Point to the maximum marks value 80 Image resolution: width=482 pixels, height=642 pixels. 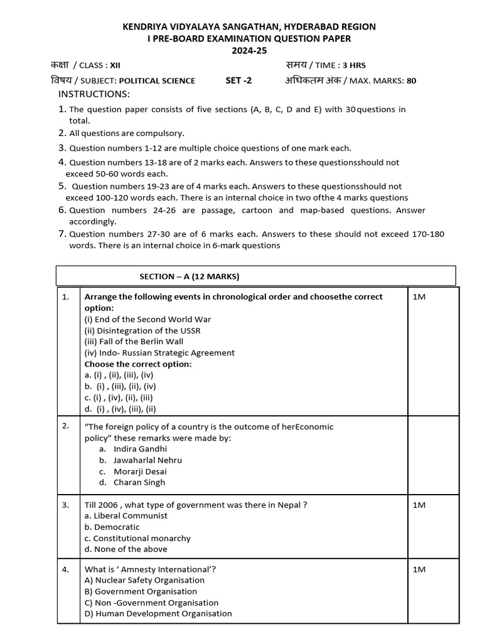click(411, 80)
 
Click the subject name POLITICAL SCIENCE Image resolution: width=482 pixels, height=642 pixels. click(157, 80)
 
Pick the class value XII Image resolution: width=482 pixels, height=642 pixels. click(115, 65)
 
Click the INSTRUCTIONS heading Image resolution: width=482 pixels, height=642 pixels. click(94, 94)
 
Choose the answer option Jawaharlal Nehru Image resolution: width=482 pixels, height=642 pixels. click(148, 460)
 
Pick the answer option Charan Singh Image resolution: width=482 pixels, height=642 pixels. click(139, 482)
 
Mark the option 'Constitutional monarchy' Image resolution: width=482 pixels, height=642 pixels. click(137, 538)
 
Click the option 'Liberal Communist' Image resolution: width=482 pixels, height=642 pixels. click(126, 515)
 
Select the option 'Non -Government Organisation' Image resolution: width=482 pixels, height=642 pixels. click(142, 603)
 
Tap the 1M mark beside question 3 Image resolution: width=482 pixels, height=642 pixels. click(419, 505)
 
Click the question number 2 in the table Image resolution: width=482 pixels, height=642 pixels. click(65, 426)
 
